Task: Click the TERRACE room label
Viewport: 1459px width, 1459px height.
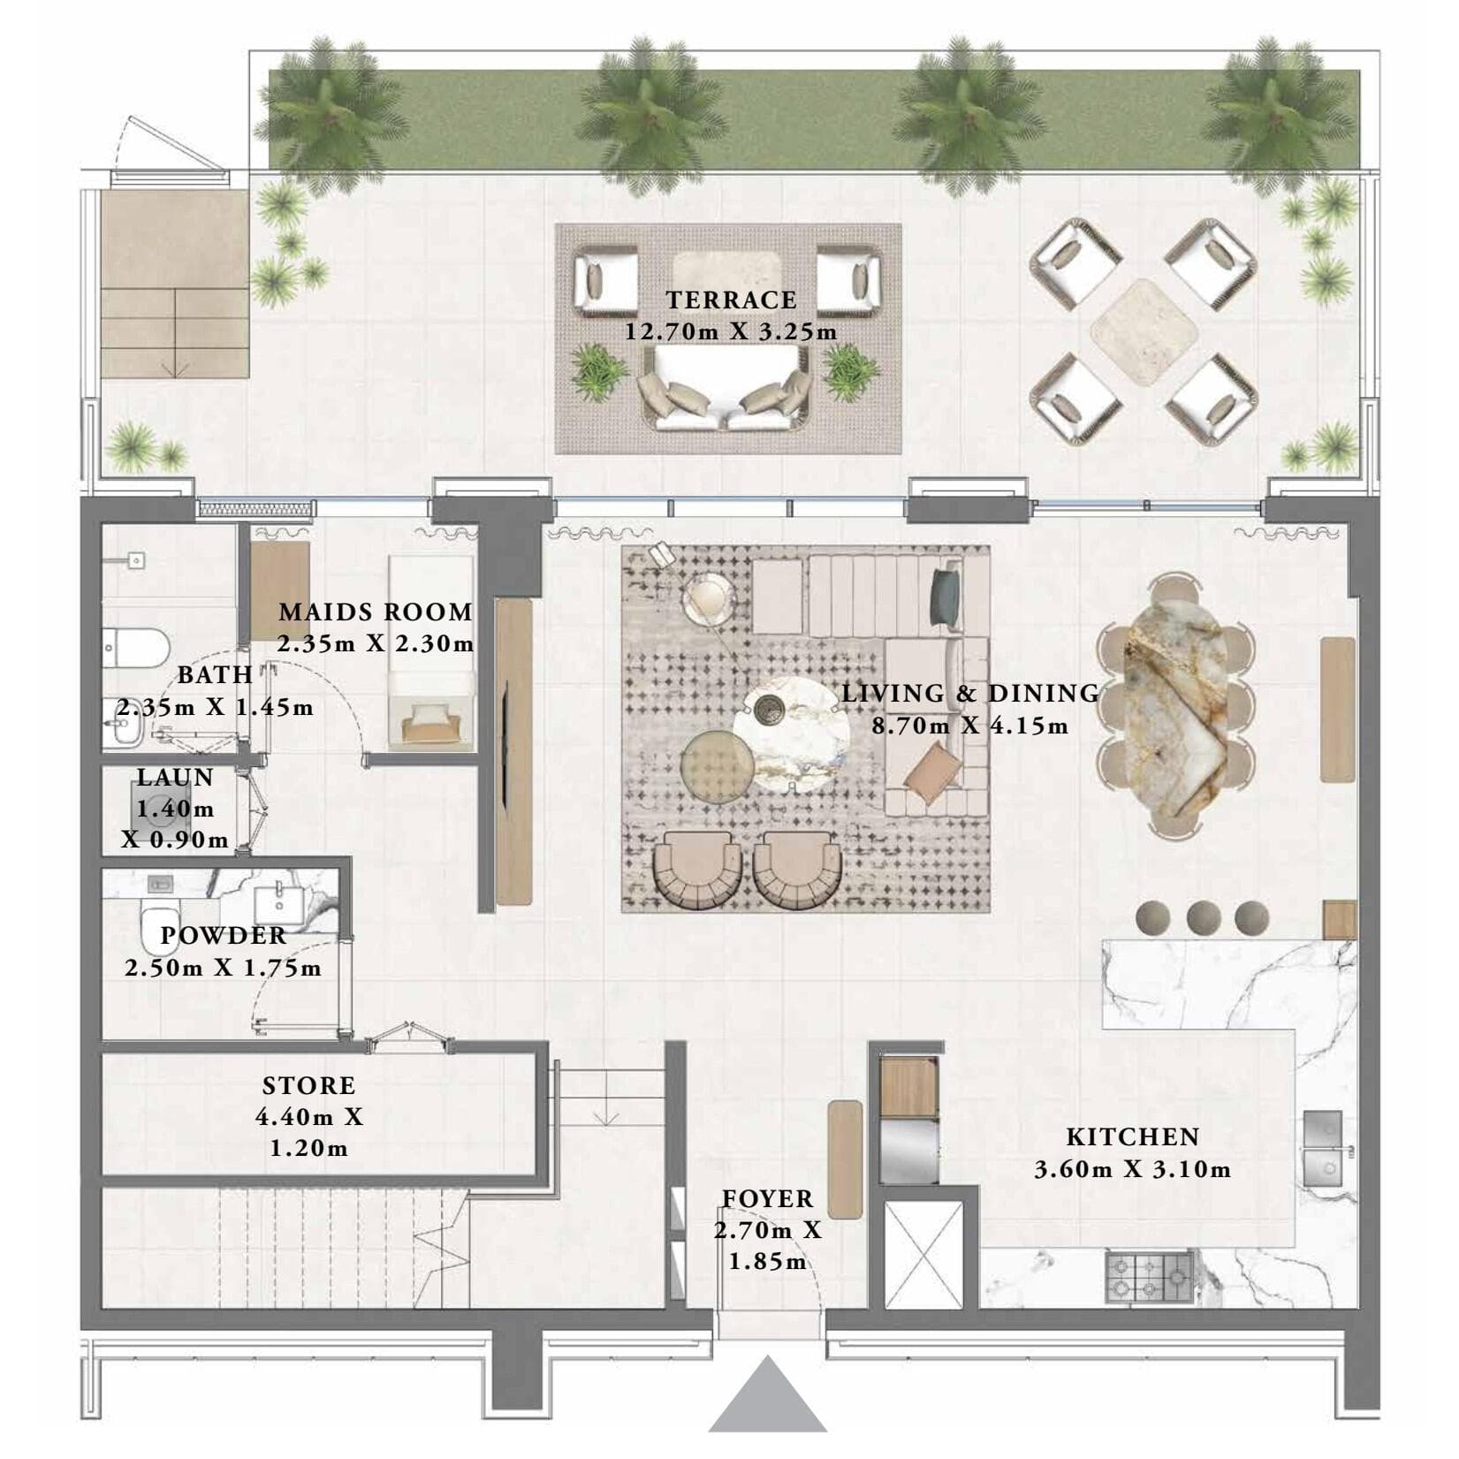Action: point(731,300)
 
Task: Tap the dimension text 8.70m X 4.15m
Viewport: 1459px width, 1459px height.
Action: point(969,726)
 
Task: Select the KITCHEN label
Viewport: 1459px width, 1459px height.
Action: point(1132,1136)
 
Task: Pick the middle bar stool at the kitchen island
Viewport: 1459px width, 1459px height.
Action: point(1204,917)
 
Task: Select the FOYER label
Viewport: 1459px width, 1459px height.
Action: point(767,1198)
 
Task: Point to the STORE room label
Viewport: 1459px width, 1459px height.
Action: point(308,1085)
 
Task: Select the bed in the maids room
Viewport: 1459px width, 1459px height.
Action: point(431,654)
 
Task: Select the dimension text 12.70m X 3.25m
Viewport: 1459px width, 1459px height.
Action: point(731,333)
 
